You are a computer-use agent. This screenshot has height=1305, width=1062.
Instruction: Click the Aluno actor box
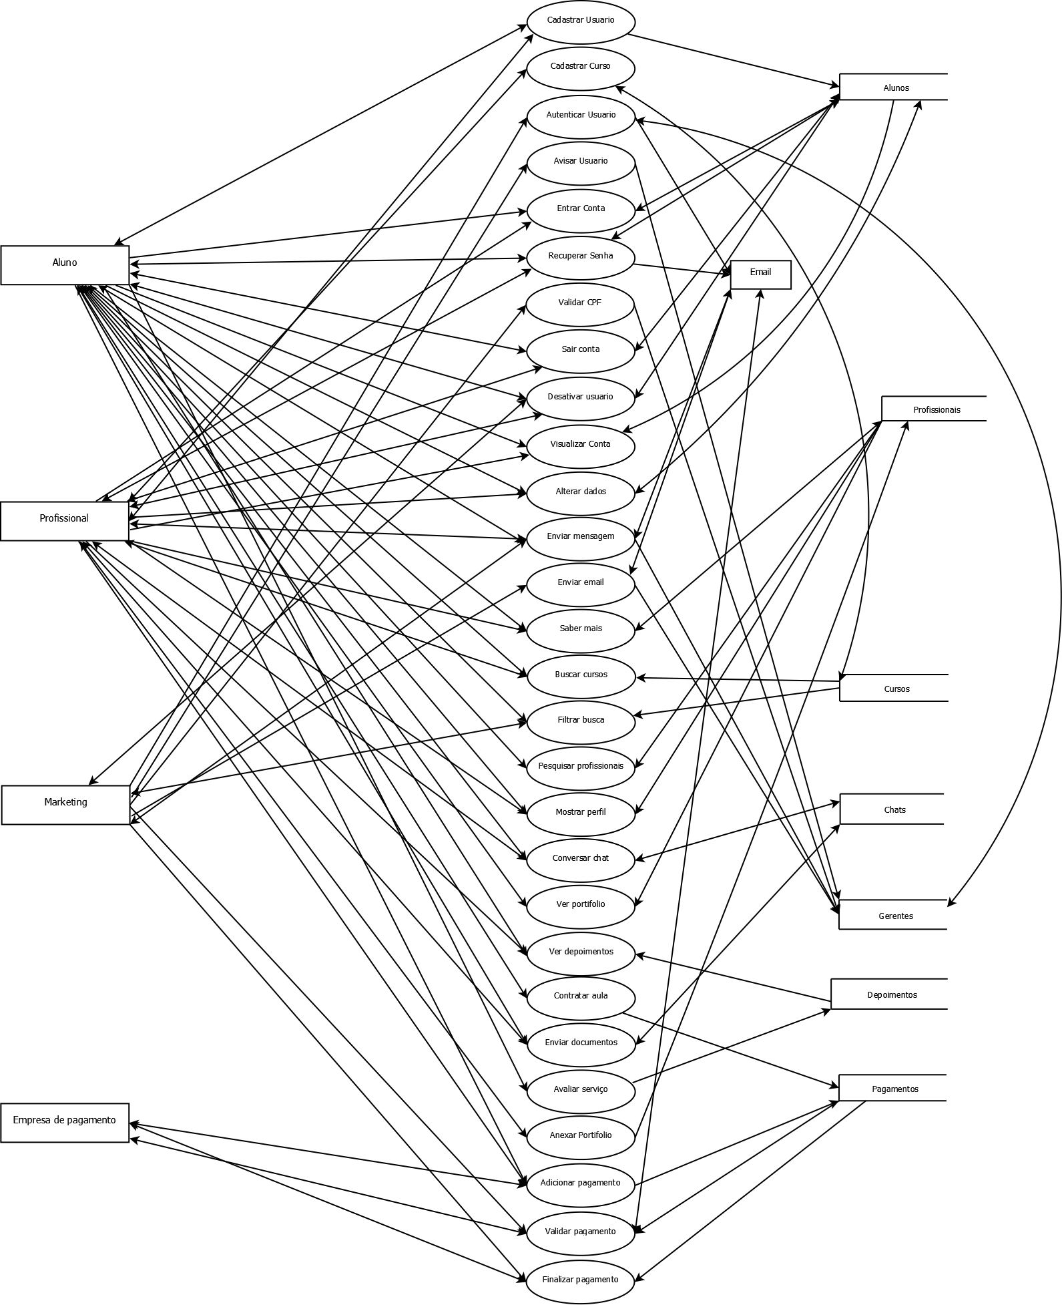pyautogui.click(x=65, y=265)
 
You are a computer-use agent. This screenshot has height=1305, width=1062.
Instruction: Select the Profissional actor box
pyautogui.click(x=64, y=521)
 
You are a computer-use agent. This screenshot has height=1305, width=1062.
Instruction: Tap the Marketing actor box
pyautogui.click(x=65, y=805)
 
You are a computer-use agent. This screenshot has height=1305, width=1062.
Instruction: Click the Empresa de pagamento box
pyautogui.click(x=64, y=1123)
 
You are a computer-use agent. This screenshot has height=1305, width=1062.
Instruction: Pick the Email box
pyautogui.click(x=760, y=274)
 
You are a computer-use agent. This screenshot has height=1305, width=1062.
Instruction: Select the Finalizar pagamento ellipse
pyautogui.click(x=580, y=1280)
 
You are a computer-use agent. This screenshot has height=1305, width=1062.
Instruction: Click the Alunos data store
pyautogui.click(x=894, y=87)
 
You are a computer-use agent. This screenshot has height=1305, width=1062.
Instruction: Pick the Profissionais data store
pyautogui.click(x=935, y=409)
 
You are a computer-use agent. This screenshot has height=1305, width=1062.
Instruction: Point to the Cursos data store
pyautogui.click(x=894, y=689)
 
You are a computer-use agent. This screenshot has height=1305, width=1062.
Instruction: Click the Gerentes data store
pyautogui.click(x=894, y=916)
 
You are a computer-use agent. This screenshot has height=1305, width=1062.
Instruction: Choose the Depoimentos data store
pyautogui.click(x=890, y=994)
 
